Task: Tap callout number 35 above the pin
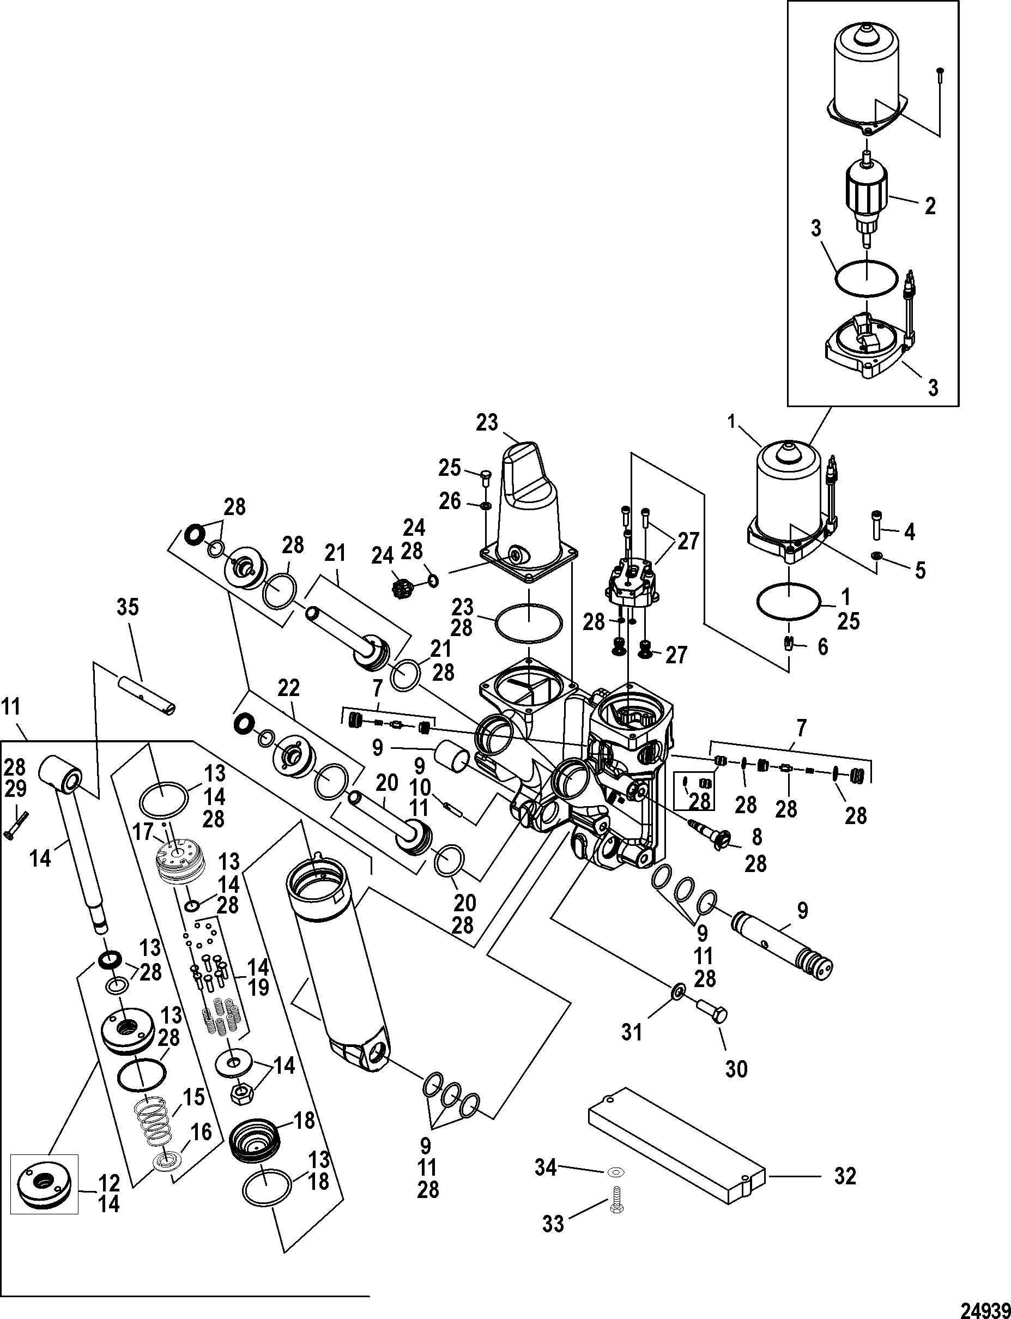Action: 128,608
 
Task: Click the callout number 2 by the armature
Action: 930,207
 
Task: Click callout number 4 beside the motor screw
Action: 909,532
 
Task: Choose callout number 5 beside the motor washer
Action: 919,570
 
